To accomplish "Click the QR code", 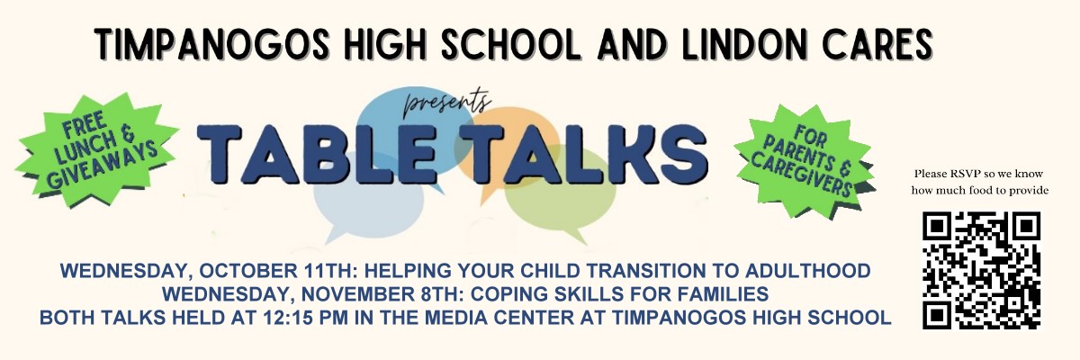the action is tap(982, 270).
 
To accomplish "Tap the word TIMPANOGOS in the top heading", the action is tap(212, 44).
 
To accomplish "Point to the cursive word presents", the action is tap(447, 103).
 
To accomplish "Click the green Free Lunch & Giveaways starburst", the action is tap(96, 150).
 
